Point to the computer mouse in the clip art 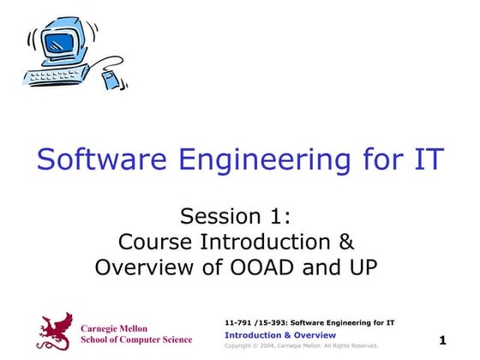click(111, 81)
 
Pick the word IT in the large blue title click(426, 159)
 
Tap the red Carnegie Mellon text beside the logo click(114, 328)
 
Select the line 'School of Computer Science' click(135, 339)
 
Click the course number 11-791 click(237, 322)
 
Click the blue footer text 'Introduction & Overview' click(279, 334)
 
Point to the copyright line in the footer click(301, 345)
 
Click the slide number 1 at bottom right click(443, 340)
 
